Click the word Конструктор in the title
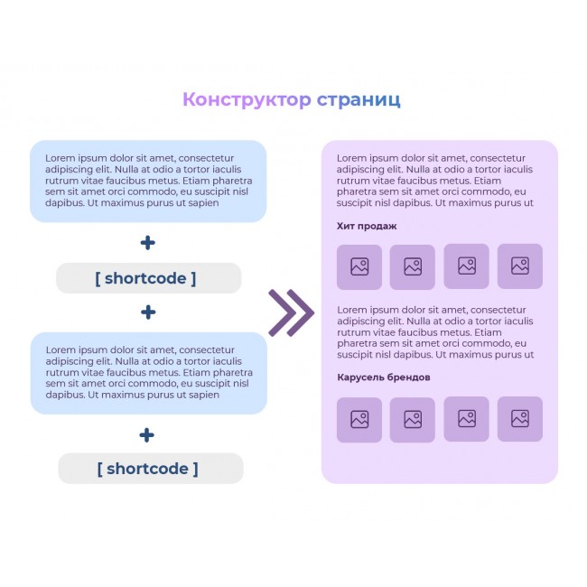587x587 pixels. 247,99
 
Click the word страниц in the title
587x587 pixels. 359,99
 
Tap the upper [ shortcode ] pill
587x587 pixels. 148,278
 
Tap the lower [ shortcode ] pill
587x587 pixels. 150,469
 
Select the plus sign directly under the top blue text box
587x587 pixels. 148,242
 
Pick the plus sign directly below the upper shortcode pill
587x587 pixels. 148,312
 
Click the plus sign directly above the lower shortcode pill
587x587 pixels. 147,434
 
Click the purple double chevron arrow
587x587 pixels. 291,313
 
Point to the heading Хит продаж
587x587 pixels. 367,226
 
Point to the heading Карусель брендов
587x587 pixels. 383,377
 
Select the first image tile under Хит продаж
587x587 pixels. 359,266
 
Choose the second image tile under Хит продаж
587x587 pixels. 413,266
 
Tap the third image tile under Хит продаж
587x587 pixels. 466,266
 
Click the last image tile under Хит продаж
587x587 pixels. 520,266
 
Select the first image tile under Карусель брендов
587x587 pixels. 359,419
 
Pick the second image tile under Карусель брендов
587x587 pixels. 413,419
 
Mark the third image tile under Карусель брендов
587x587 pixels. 466,418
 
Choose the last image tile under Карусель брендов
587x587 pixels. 520,418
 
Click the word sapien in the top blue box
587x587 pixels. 204,203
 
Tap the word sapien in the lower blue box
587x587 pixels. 204,395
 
